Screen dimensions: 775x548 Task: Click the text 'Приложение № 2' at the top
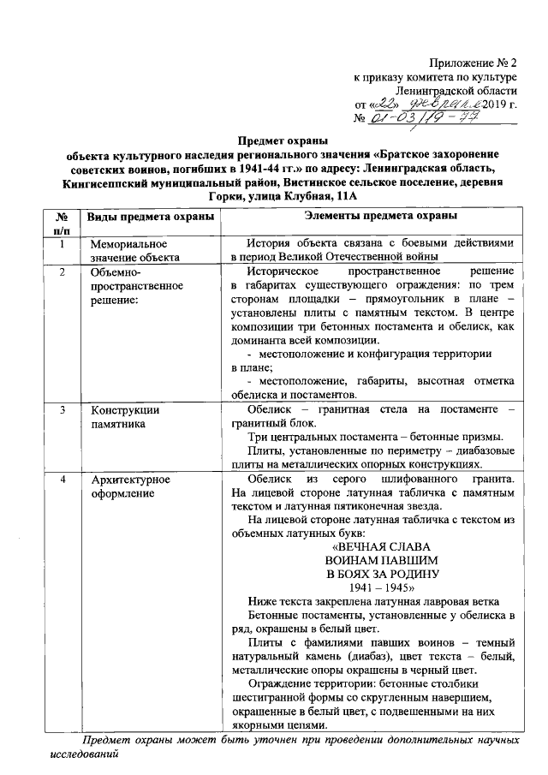click(x=474, y=63)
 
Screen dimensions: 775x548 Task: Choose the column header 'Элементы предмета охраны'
click(x=373, y=216)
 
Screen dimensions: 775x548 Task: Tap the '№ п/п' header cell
click(x=62, y=223)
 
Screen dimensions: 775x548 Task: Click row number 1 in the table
click(x=62, y=245)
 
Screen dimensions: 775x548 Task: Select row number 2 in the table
click(x=62, y=272)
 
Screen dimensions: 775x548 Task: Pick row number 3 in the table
click(x=62, y=410)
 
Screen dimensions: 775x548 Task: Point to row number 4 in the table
click(x=62, y=479)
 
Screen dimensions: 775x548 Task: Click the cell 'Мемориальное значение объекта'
click(x=134, y=251)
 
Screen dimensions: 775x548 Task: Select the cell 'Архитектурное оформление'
click(x=130, y=486)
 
